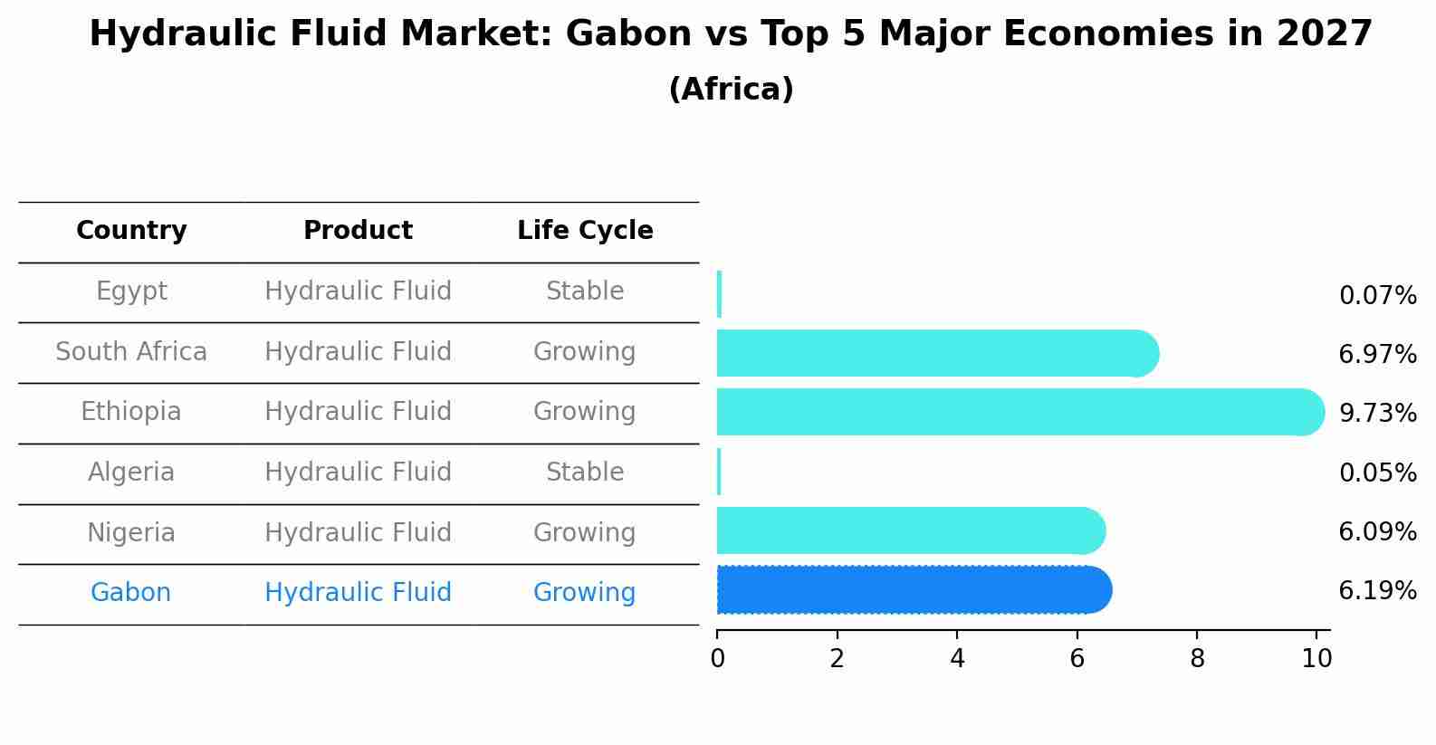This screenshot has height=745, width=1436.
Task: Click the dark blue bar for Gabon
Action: (x=914, y=590)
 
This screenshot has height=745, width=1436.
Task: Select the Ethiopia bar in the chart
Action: (x=1020, y=412)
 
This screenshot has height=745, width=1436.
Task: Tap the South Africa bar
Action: (x=938, y=353)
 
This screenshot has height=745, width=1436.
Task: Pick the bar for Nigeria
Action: (x=911, y=530)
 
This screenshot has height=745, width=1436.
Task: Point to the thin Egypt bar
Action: (x=719, y=294)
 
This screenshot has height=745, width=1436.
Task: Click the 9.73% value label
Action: (x=1378, y=413)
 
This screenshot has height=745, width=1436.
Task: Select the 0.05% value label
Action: (x=1378, y=473)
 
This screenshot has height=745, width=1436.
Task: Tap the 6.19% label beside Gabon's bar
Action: (x=1378, y=590)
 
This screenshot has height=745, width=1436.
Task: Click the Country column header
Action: (x=131, y=230)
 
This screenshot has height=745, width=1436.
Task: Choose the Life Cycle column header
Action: (x=585, y=230)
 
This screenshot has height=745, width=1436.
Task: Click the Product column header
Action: (x=358, y=230)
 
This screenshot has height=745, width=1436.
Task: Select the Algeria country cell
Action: (x=131, y=472)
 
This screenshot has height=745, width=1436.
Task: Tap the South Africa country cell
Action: (x=131, y=351)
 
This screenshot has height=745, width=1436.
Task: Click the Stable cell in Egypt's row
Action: (x=585, y=291)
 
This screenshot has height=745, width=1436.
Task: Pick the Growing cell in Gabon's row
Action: (x=585, y=593)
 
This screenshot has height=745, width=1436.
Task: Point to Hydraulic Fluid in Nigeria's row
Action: (x=359, y=532)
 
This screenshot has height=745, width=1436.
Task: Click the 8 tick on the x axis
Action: (x=1197, y=658)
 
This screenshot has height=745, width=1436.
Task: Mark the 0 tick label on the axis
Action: (x=717, y=658)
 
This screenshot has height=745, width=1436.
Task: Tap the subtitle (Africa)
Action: (x=731, y=89)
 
